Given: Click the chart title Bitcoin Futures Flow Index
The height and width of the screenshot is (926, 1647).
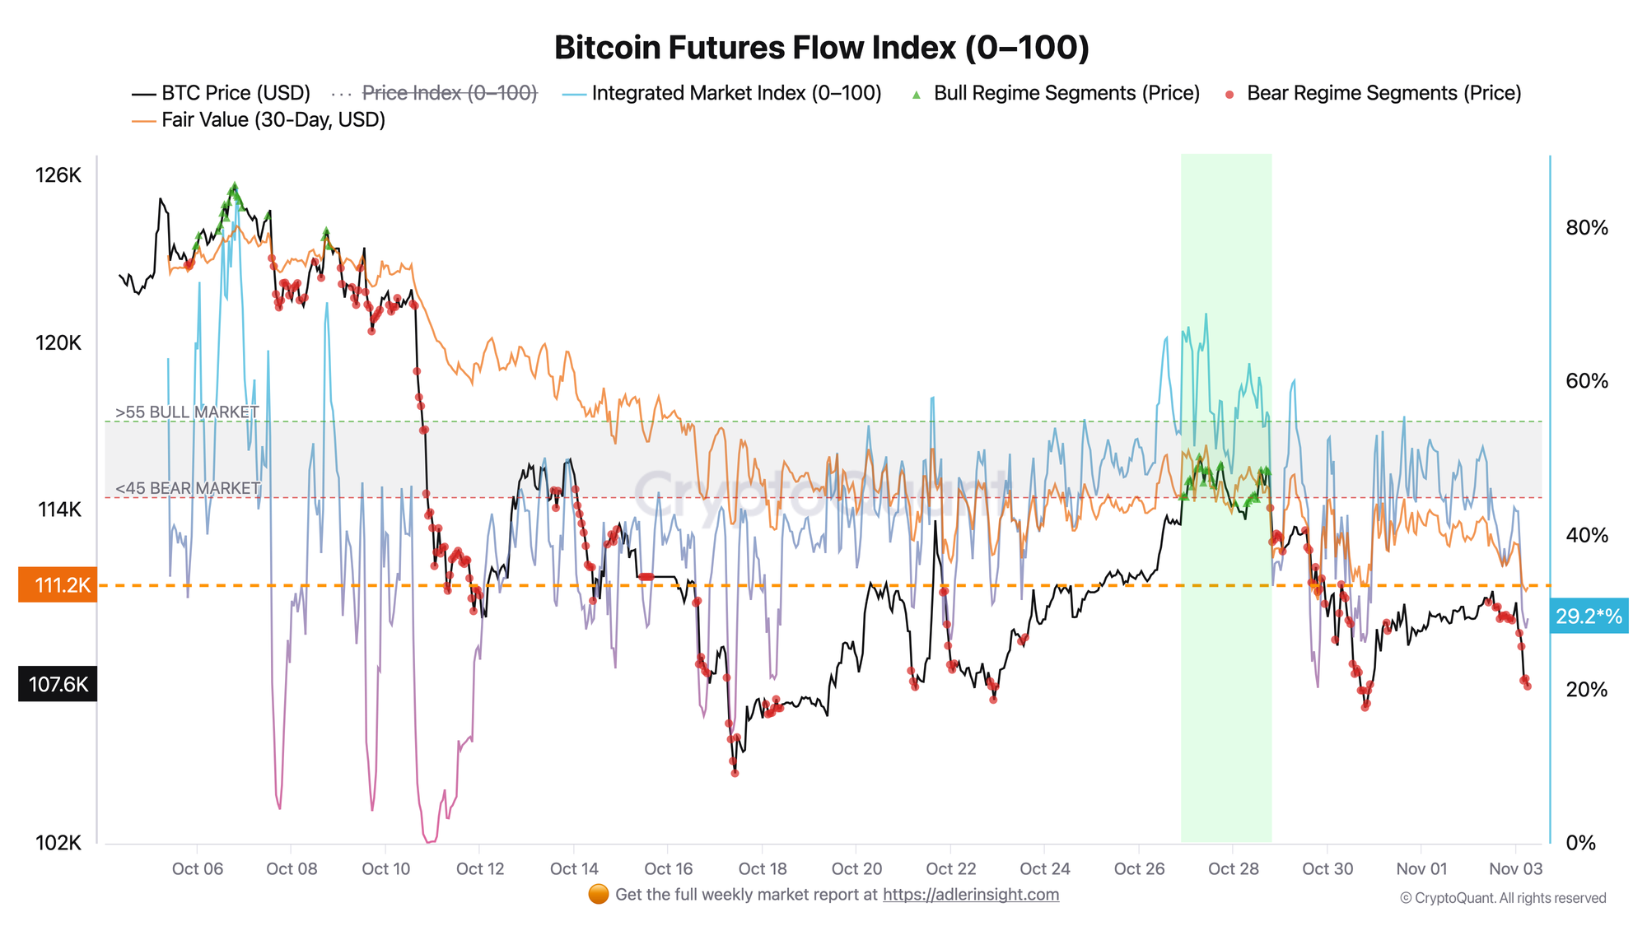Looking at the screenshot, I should [821, 48].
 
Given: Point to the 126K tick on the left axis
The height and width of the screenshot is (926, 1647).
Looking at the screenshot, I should [58, 175].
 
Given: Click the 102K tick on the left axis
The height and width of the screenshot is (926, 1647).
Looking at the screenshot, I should [58, 843].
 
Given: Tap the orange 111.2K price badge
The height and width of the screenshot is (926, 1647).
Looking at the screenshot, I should [58, 585].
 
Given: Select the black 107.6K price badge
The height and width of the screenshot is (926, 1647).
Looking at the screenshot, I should [58, 684].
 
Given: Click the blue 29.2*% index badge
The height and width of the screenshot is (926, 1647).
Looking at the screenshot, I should [1589, 616].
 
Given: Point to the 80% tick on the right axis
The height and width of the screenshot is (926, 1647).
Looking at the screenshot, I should [1587, 228].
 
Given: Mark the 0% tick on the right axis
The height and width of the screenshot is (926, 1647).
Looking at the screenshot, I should [1580, 843].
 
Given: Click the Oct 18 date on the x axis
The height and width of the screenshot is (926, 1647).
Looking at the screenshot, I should [763, 868].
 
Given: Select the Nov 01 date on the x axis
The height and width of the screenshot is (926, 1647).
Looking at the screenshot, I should [1421, 868].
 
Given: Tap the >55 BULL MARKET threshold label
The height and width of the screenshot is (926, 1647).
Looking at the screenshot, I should [187, 412].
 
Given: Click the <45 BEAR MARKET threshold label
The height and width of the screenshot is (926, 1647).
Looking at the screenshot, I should [188, 488].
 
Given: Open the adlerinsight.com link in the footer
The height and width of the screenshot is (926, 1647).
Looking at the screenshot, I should [970, 895].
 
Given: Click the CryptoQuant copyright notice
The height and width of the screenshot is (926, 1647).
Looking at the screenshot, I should [1503, 898].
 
